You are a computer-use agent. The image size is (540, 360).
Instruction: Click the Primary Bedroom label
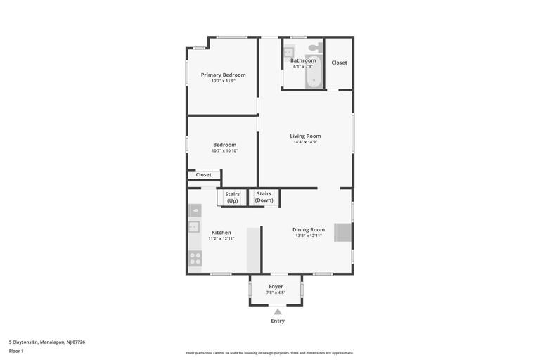[x=223, y=75]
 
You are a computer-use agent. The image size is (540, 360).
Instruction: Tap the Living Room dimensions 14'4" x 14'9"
[x=305, y=142]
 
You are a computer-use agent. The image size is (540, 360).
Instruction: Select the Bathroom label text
[x=303, y=60]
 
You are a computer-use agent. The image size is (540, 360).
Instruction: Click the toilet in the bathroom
[x=316, y=47]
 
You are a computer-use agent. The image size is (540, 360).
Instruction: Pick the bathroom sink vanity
[x=289, y=51]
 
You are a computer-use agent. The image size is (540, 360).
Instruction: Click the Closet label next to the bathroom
[x=339, y=63]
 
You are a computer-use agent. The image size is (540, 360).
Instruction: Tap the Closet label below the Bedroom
[x=203, y=175]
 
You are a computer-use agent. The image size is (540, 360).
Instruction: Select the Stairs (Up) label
[x=232, y=198]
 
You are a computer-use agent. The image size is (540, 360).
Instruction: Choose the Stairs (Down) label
[x=264, y=197]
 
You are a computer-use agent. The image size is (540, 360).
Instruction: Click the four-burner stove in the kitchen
[x=195, y=259]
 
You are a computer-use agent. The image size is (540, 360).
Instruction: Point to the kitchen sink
[x=193, y=226]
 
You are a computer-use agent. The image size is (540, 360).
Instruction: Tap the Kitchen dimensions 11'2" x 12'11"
[x=221, y=238]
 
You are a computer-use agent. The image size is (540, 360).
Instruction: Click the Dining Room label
[x=309, y=229]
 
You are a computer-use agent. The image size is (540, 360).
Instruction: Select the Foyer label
[x=276, y=286]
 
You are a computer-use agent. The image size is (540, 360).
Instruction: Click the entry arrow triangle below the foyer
[x=278, y=312]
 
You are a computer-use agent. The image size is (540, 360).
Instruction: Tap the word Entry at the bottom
[x=278, y=321]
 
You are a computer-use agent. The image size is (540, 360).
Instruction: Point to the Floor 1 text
[x=16, y=351]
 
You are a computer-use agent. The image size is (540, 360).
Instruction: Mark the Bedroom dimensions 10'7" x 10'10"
[x=224, y=150]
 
